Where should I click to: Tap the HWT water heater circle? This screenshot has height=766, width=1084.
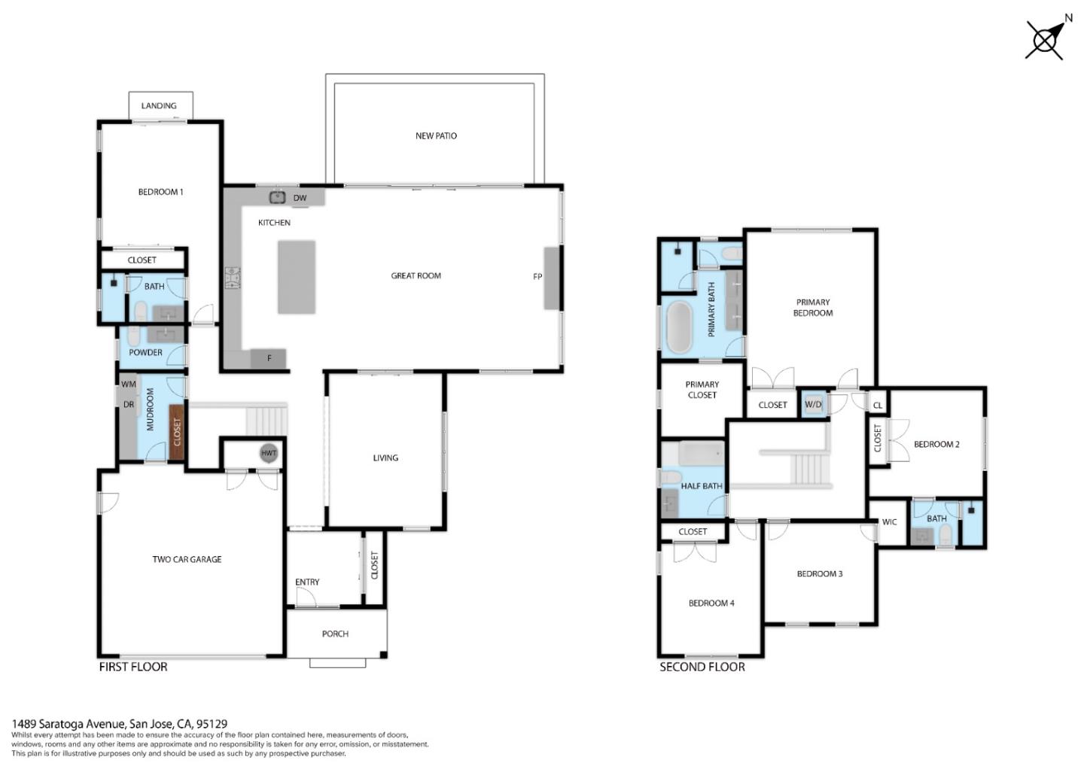click(x=269, y=453)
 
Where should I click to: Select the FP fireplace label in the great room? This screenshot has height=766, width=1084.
click(x=537, y=276)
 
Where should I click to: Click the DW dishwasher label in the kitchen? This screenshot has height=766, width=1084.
click(x=300, y=198)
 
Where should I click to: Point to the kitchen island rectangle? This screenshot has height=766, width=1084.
click(x=296, y=276)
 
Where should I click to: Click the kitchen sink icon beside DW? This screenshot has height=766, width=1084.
click(x=277, y=197)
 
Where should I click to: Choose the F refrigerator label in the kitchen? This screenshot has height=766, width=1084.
click(x=269, y=359)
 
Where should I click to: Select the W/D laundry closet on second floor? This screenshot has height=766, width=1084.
click(x=813, y=404)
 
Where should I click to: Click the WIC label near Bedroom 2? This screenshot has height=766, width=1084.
click(x=889, y=521)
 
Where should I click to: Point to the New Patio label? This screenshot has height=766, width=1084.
click(x=436, y=135)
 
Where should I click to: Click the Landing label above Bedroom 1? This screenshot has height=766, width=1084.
click(x=159, y=105)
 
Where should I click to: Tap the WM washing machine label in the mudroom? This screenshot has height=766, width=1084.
click(x=129, y=385)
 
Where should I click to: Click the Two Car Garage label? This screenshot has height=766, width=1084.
click(x=187, y=559)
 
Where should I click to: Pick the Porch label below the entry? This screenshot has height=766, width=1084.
click(x=335, y=634)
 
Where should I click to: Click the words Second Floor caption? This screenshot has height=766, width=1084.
click(x=702, y=667)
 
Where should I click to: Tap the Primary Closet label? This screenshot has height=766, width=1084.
click(x=702, y=389)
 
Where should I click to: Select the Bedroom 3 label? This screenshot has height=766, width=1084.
click(x=819, y=573)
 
